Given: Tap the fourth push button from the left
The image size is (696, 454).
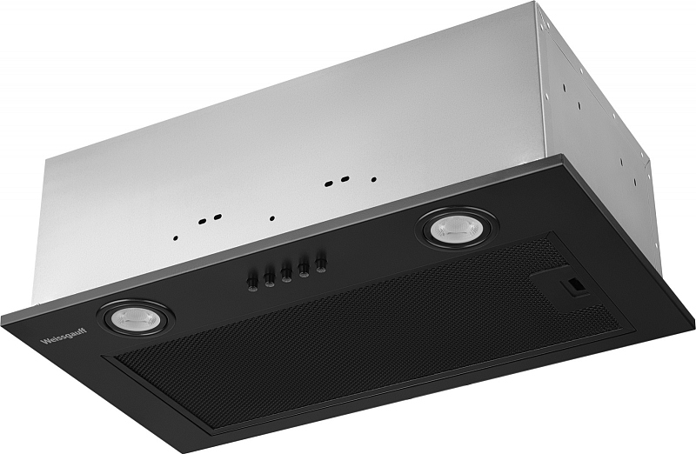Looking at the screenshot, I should pyautogui.click(x=304, y=264).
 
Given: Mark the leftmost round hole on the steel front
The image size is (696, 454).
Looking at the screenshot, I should pyautogui.click(x=177, y=237).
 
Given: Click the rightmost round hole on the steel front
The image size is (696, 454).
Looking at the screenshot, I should pyautogui.click(x=374, y=180).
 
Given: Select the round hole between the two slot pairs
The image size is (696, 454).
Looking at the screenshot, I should pyautogui.click(x=272, y=218).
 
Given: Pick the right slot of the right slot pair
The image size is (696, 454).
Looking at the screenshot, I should pyautogui.click(x=345, y=181).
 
